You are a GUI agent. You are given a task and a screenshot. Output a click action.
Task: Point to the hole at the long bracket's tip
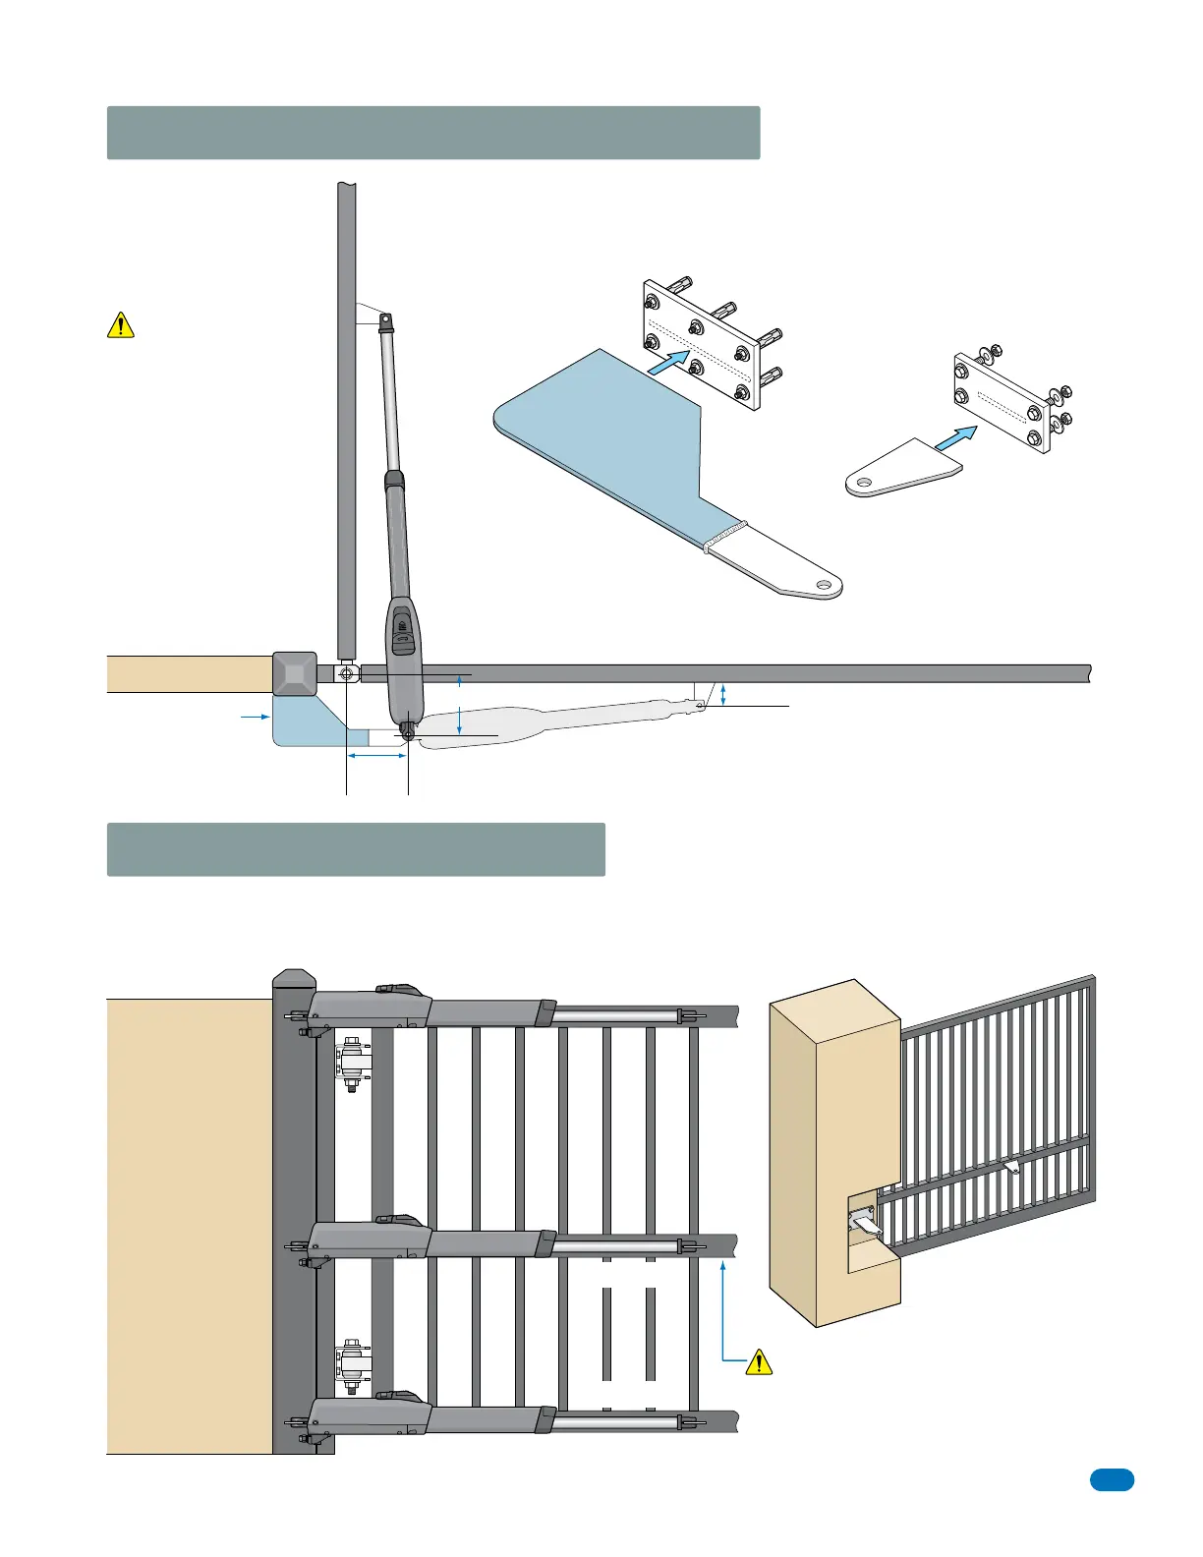tap(823, 587)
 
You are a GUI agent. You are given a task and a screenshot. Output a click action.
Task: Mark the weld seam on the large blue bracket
tap(725, 536)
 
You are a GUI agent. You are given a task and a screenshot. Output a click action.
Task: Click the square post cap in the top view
tap(295, 674)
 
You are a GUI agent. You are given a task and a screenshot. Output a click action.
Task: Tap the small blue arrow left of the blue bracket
tap(255, 718)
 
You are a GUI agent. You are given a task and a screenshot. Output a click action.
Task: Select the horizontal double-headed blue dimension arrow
tap(376, 756)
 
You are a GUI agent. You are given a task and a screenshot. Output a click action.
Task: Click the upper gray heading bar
tap(432, 133)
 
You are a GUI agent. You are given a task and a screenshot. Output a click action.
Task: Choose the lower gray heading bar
tap(355, 849)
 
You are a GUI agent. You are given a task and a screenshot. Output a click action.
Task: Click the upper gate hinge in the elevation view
tap(351, 1063)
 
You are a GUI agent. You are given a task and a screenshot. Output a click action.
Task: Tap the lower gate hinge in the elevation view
tap(351, 1364)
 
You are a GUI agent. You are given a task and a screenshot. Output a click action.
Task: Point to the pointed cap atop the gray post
tap(295, 979)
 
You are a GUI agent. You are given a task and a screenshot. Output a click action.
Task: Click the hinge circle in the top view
tap(346, 674)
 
